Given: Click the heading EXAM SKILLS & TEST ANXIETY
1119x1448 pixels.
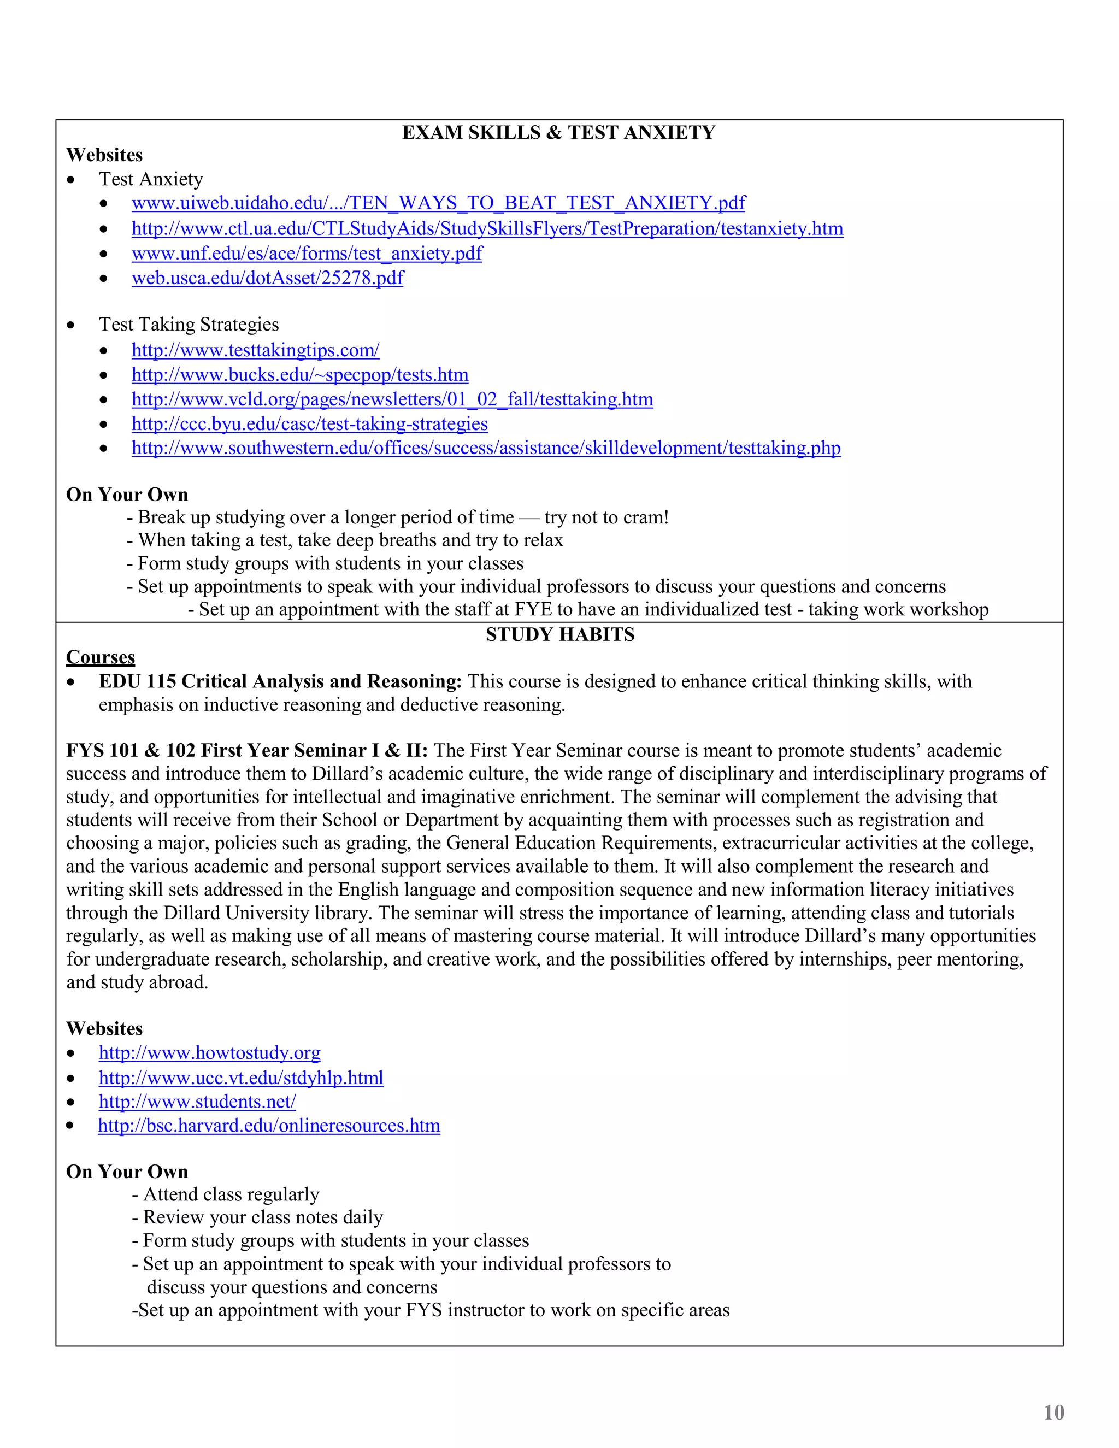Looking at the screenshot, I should coord(559,133).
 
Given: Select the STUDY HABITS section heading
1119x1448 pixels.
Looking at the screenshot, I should coord(559,634).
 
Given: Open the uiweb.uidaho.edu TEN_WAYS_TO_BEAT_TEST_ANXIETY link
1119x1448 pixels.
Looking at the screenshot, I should coord(438,203).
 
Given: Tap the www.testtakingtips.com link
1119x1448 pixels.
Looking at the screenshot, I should coord(255,350).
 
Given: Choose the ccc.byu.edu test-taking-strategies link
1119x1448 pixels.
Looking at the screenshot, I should coord(310,423).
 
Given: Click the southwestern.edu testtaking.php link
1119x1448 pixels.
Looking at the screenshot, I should coord(486,448).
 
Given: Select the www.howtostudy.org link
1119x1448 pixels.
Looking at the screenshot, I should coord(209,1053).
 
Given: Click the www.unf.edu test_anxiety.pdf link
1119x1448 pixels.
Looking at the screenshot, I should coord(307,254).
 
